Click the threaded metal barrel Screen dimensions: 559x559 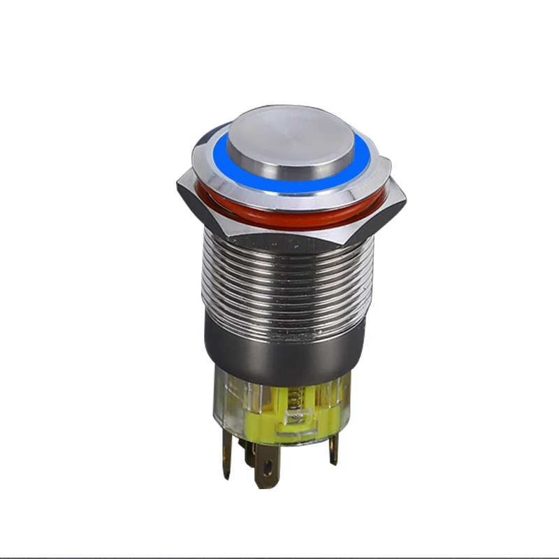(x=286, y=279)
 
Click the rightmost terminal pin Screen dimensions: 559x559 (x=334, y=447)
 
